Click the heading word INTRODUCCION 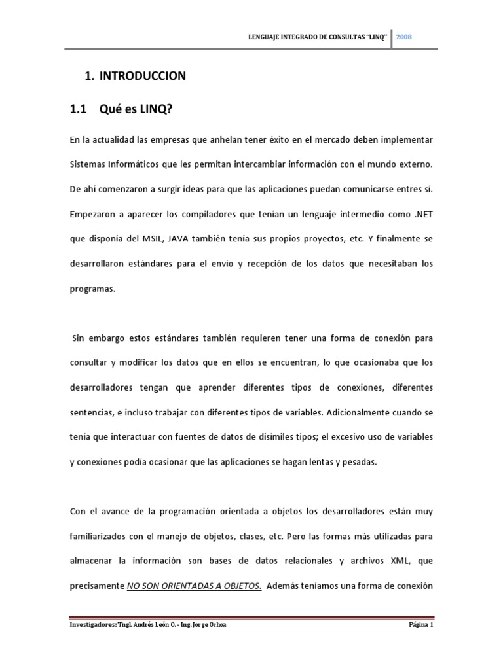point(143,76)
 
